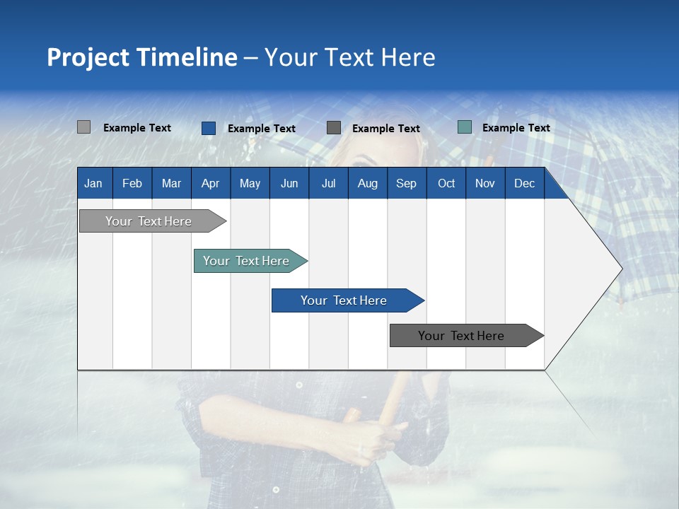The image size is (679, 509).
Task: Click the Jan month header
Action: point(93,183)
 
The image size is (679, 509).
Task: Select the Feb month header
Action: point(132,183)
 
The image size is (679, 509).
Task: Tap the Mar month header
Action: point(171,183)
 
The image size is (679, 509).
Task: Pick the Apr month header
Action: point(211,183)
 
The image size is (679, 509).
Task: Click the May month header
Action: point(250,183)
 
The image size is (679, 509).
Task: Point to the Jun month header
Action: point(289,183)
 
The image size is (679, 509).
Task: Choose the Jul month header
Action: point(328,183)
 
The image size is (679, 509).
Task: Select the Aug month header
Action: point(368,183)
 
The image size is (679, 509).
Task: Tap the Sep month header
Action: point(407,183)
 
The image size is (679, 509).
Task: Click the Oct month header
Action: point(446,183)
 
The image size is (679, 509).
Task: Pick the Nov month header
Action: point(485,183)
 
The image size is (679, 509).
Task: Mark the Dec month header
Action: point(525,183)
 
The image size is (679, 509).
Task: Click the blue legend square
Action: point(209,128)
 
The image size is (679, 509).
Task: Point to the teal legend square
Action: point(465,127)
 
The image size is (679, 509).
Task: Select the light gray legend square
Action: point(83,127)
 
